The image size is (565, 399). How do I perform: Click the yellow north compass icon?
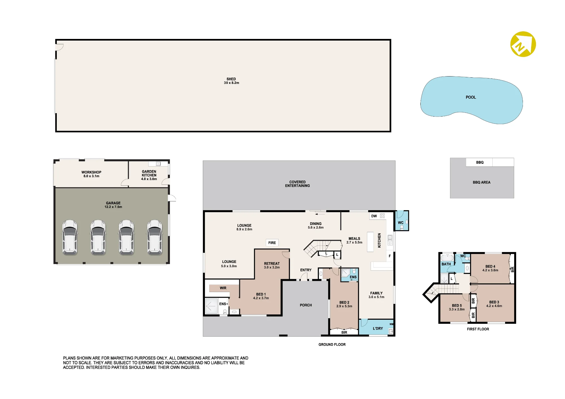coord(523,44)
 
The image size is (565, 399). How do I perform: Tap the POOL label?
coord(471,97)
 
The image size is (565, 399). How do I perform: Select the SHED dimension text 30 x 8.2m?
coord(231,83)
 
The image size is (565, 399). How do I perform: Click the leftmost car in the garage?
coord(70,238)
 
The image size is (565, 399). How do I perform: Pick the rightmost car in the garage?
coord(155,238)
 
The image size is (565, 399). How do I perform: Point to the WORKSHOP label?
coord(91,172)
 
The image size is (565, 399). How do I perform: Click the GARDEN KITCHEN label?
coord(149,173)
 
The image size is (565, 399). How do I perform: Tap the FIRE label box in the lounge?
coord(272,243)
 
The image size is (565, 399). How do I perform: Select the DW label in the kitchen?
coord(374,216)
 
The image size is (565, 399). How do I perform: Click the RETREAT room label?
coord(272,264)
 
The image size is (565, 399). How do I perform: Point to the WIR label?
coord(223,288)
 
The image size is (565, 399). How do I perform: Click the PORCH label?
coord(306,305)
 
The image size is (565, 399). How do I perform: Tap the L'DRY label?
coord(378,328)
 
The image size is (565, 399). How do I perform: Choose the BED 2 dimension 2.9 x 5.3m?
coord(344,306)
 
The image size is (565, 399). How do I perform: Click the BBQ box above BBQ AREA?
coord(479,162)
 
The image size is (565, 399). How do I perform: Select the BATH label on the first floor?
coord(446,264)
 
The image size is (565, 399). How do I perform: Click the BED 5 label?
coord(457,306)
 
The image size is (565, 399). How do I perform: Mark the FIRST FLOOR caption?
coord(478,329)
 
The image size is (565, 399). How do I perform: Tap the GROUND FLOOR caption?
coord(332,345)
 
